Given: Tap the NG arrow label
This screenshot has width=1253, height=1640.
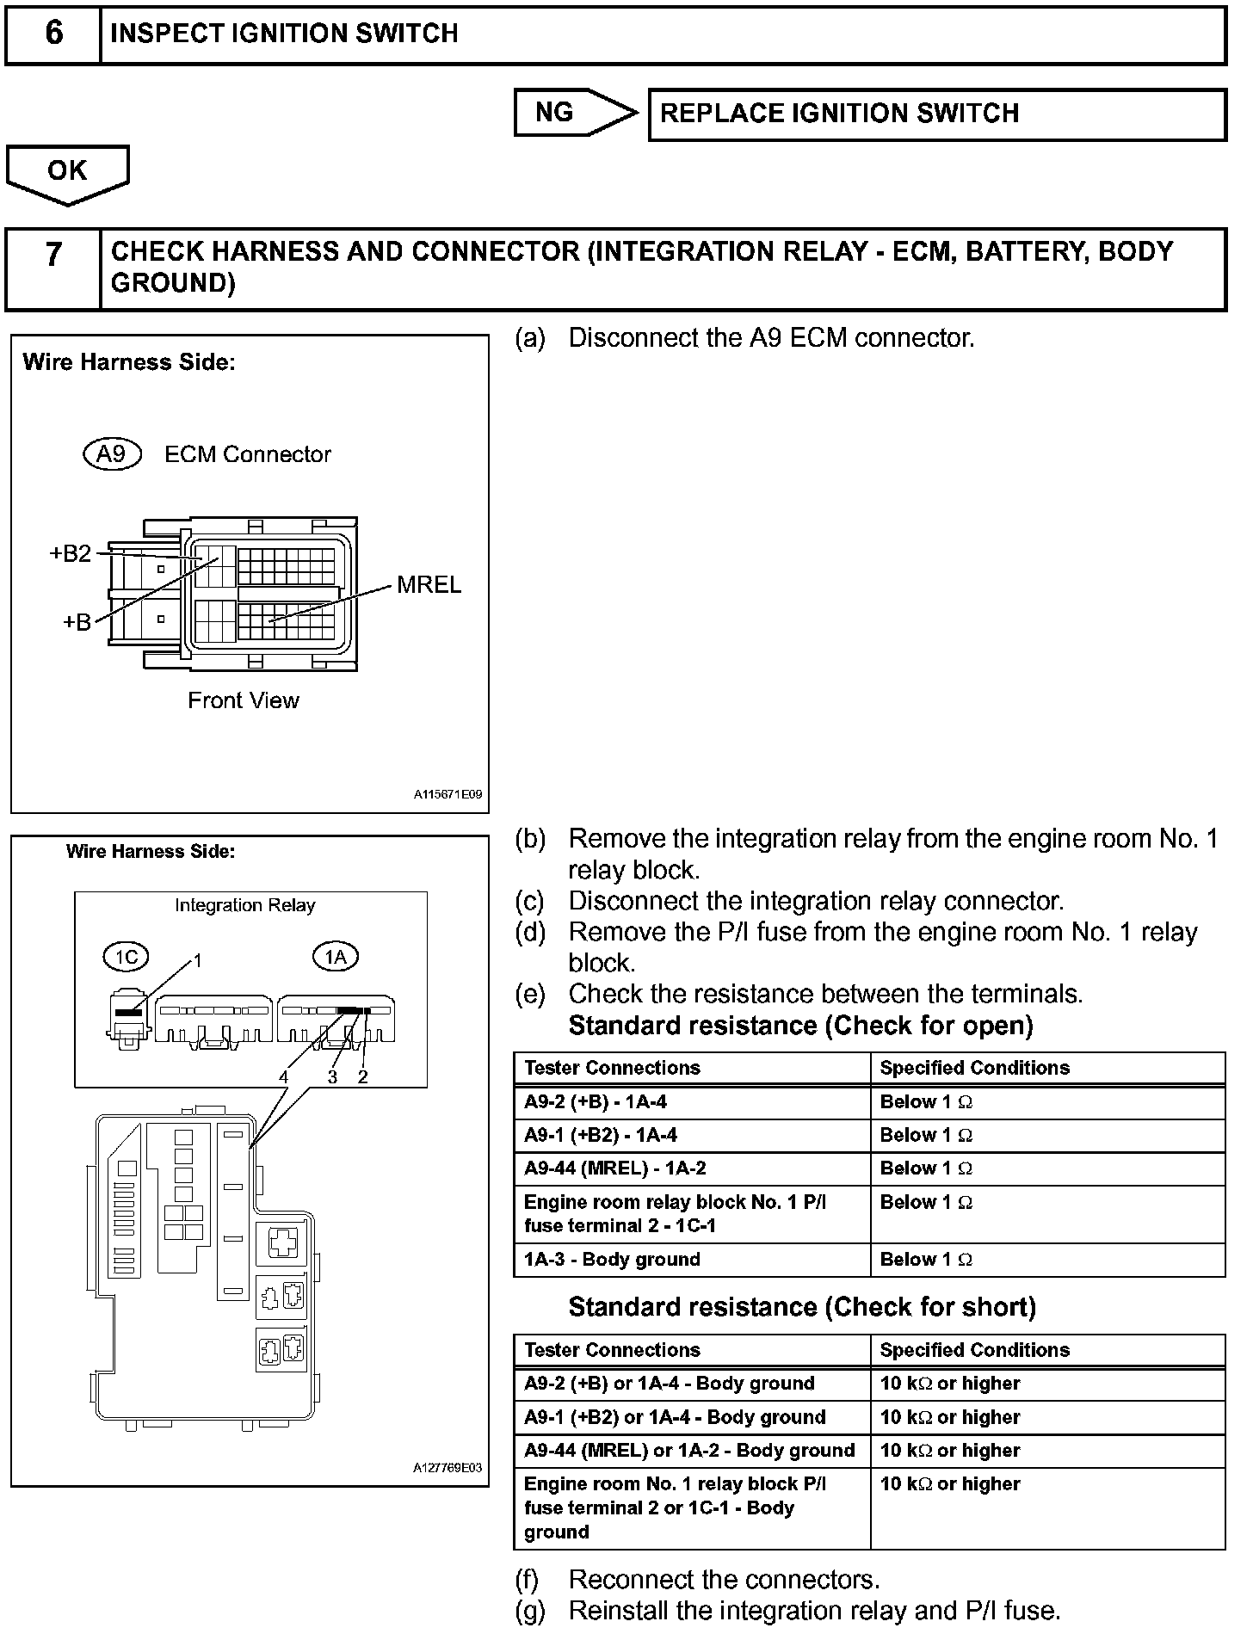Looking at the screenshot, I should pos(555,112).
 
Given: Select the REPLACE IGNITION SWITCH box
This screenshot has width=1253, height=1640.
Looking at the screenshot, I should pos(936,114).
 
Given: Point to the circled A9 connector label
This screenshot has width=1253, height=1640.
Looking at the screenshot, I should pos(112,453).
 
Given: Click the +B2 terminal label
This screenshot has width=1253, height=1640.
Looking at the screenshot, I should pos(71,553).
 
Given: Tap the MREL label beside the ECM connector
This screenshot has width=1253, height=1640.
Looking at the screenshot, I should pos(429,585).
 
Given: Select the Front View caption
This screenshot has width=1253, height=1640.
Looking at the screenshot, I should pos(244,700).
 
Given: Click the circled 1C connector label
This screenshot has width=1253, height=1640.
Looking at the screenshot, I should pos(126,957).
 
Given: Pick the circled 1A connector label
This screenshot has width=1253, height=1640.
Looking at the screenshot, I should pos(335,957).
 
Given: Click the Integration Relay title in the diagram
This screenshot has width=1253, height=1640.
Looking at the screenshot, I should pos(245,905).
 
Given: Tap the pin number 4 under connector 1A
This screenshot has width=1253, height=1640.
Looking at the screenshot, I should pos(283,1076).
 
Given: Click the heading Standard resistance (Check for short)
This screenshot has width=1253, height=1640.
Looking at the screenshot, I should pos(802,1307).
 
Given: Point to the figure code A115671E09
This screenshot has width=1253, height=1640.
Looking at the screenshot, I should pos(447,795).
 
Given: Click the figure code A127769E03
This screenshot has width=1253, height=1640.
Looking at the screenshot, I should pos(447,1468).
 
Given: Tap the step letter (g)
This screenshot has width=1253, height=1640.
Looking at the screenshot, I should pos(530,1611).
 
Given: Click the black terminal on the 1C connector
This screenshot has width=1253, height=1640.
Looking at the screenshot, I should pos(128,1013).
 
